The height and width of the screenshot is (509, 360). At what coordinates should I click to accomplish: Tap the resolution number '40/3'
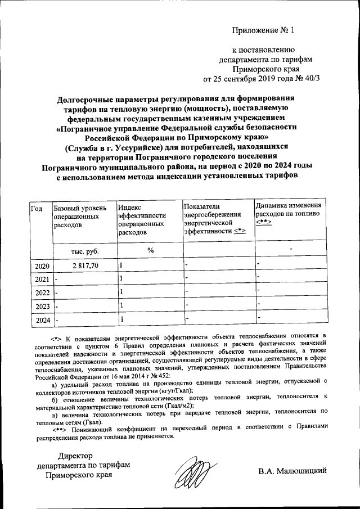pos(310,78)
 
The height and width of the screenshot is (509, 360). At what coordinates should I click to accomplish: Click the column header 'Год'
pos(37,209)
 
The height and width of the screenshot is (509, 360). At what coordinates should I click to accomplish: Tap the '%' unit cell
pos(150,250)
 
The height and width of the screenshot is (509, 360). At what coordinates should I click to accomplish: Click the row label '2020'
pos(42,266)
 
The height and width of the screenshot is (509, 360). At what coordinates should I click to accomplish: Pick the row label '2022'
pos(42,292)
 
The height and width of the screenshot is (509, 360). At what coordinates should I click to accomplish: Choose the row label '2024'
pos(42,320)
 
